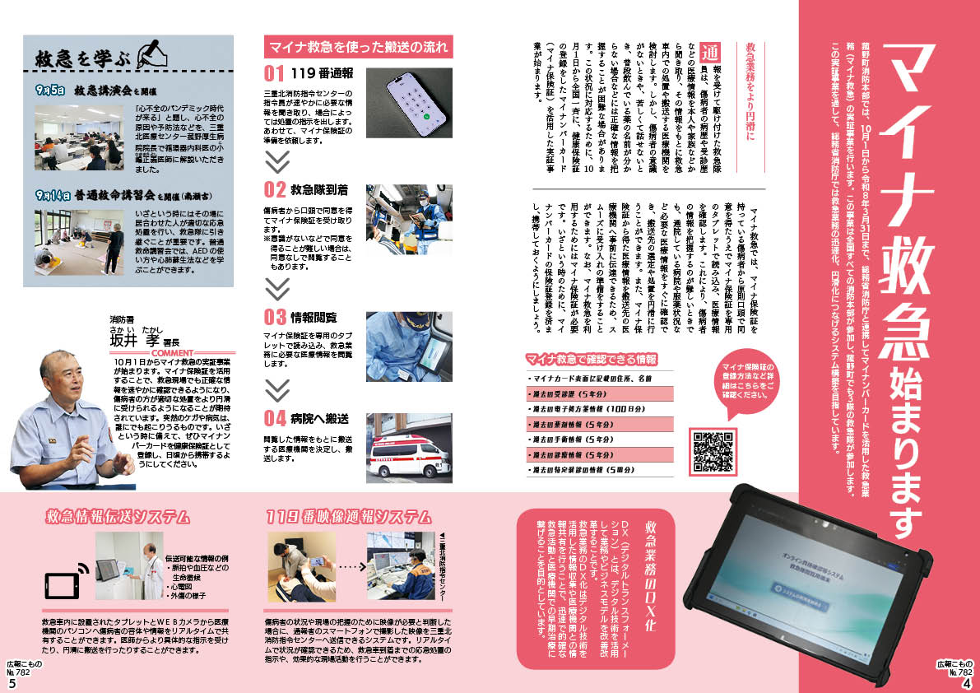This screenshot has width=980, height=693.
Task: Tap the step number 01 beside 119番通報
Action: click(x=274, y=72)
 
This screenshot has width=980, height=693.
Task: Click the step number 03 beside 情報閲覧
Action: click(x=275, y=317)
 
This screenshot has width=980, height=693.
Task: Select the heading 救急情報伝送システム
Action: click(x=119, y=517)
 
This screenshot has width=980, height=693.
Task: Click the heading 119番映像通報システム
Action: click(x=349, y=517)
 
